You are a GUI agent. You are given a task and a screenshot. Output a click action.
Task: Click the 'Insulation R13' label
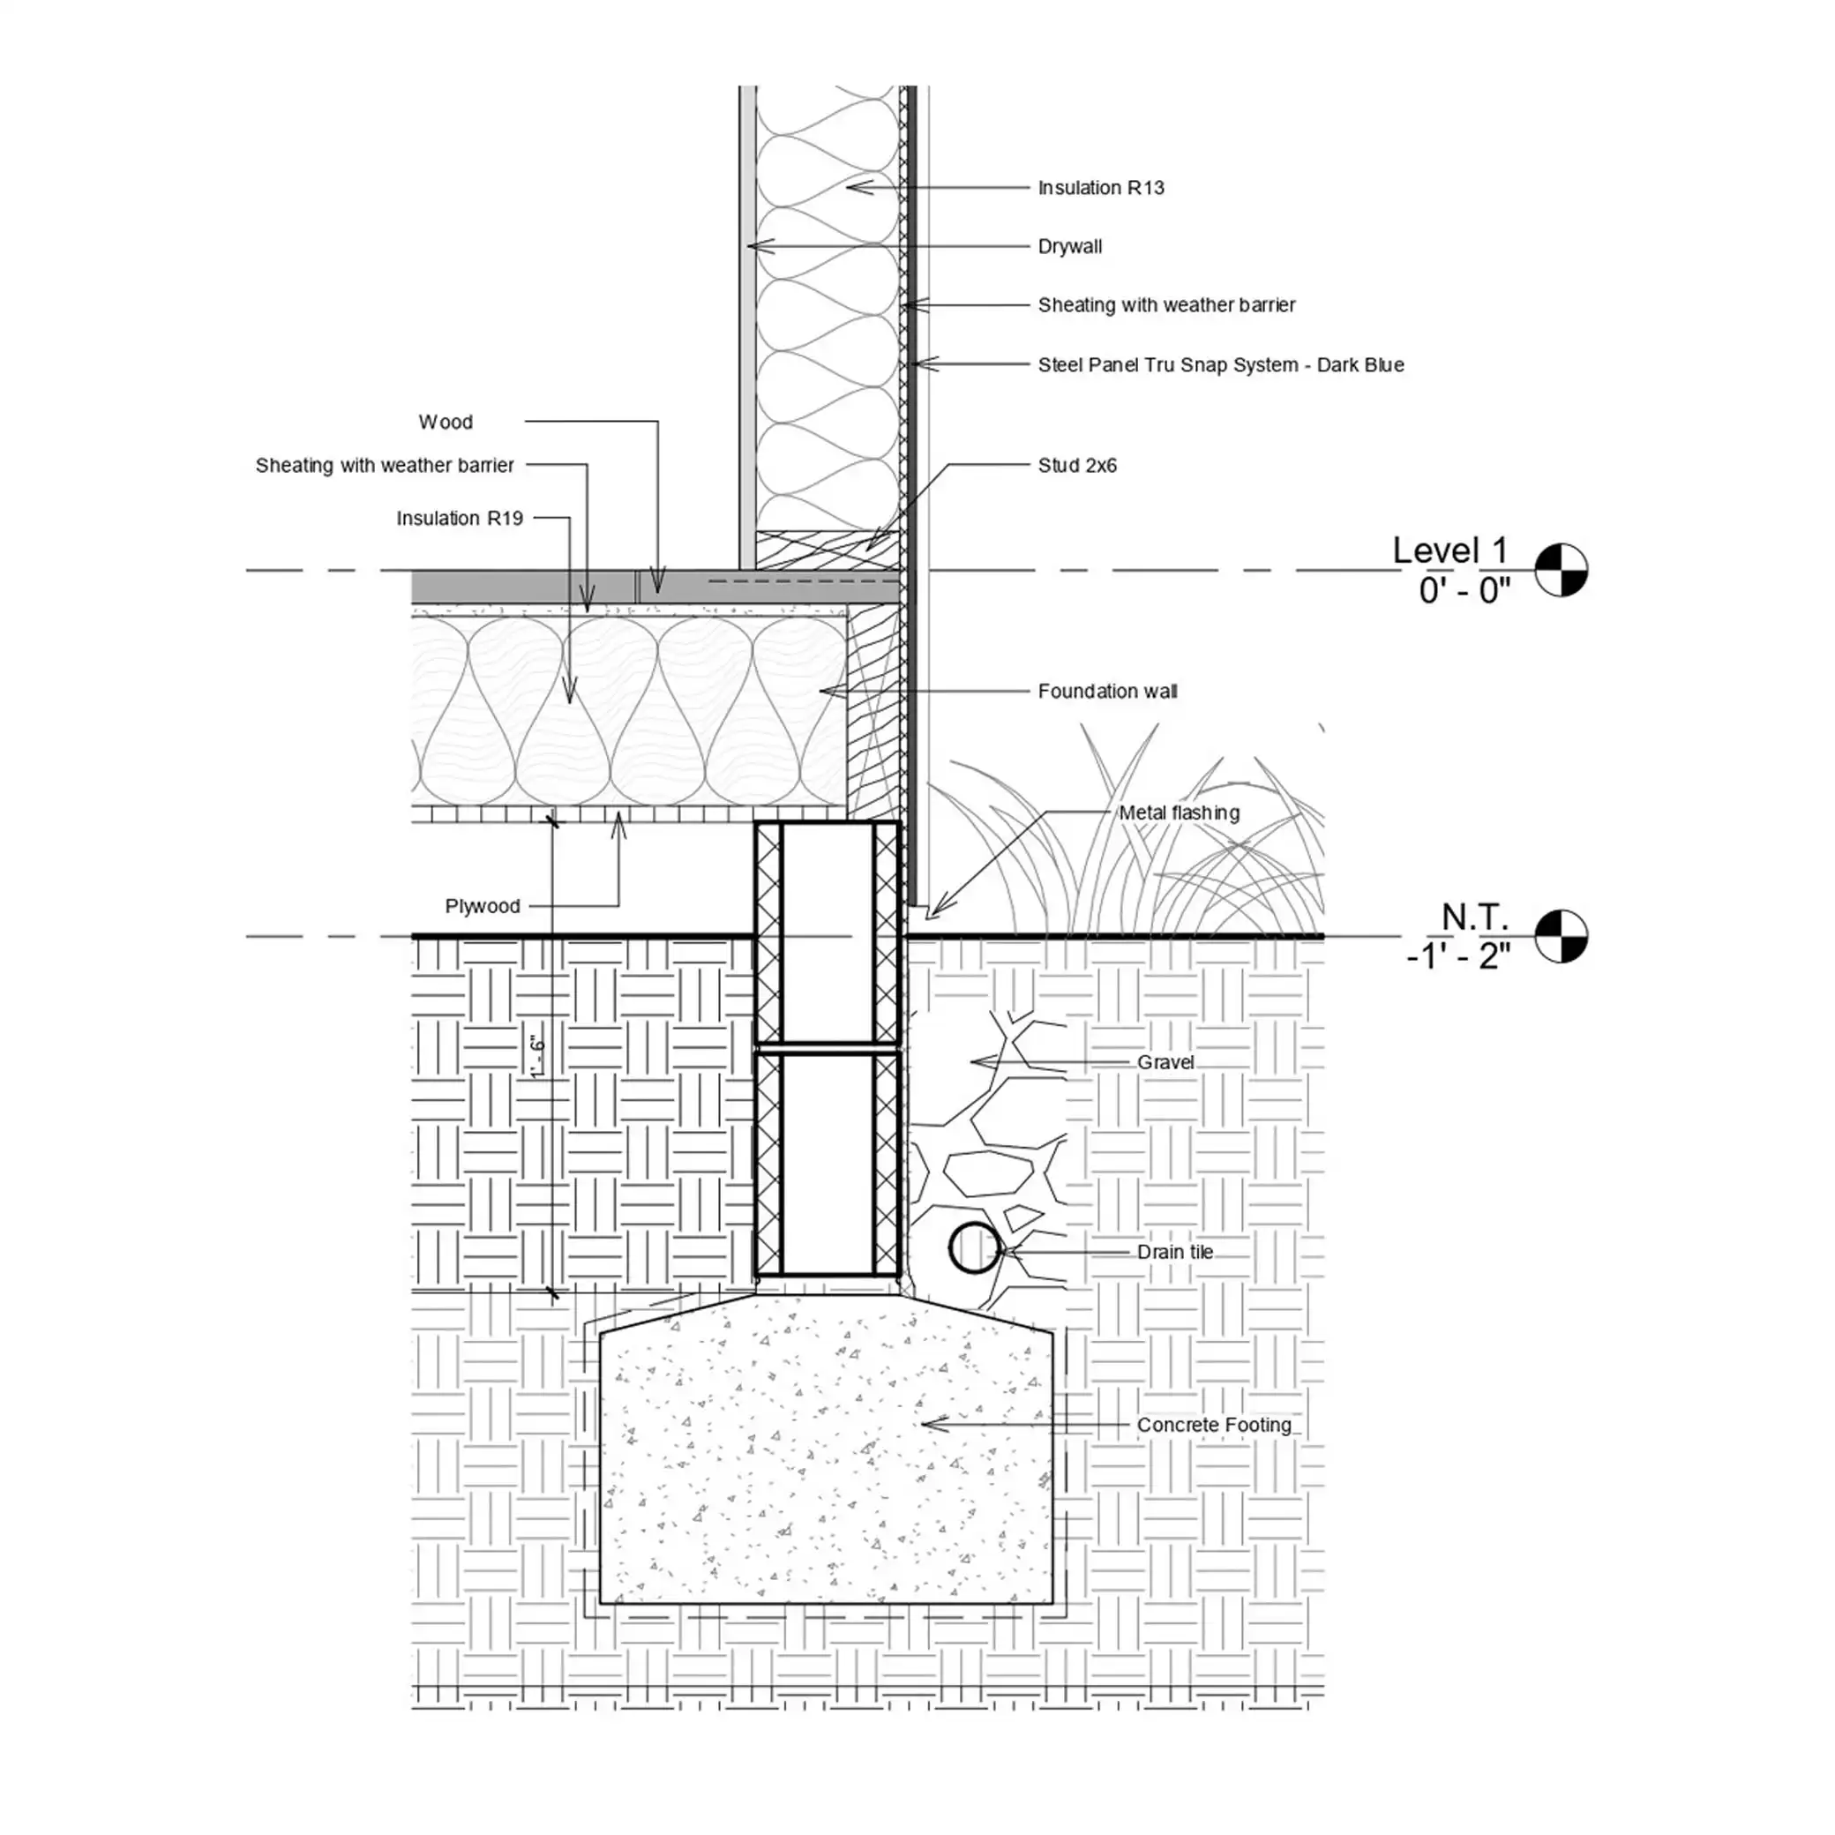coord(1101,188)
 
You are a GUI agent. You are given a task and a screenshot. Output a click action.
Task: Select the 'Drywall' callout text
coord(1069,247)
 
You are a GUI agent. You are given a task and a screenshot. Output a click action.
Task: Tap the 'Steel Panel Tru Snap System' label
coord(1167,364)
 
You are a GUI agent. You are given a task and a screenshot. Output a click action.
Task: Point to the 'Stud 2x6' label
coord(1077,466)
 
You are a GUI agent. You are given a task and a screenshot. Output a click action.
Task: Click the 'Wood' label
coord(446,422)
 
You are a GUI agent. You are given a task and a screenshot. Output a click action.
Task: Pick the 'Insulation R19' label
coord(460,519)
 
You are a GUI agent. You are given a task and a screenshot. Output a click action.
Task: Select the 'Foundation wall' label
coord(1107,692)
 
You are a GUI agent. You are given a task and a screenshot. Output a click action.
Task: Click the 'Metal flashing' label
coord(1179,813)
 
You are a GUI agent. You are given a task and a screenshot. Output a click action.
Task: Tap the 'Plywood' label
coord(483,906)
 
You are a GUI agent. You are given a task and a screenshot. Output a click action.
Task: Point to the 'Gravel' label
coord(1165,1062)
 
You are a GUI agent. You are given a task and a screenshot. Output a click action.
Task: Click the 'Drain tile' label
coord(1175,1252)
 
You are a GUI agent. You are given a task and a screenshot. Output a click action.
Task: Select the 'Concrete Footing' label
coord(1214,1425)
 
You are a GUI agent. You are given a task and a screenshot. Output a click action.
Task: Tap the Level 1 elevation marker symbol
coord(1561,570)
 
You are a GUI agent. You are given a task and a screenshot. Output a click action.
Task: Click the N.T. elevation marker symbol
coord(1561,937)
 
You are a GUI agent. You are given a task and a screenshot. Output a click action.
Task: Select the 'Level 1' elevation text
coord(1449,550)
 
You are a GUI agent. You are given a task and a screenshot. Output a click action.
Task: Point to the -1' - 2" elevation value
coord(1458,955)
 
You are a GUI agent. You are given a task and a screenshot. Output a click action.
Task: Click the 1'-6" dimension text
coord(538,1056)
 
